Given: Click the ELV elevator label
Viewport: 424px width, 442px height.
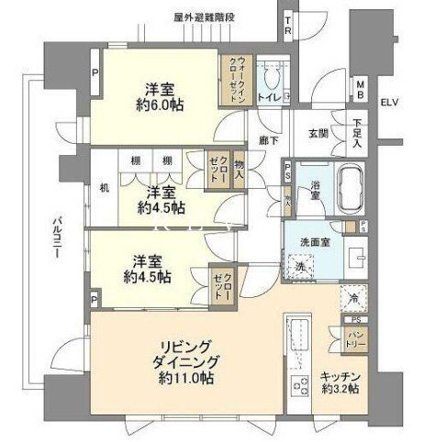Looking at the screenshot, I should (x=391, y=102).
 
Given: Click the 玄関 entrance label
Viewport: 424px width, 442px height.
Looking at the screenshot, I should (x=318, y=134).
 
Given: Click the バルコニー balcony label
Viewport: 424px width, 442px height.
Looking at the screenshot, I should (x=57, y=238).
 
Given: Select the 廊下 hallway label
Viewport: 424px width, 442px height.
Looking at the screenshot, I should (x=268, y=139).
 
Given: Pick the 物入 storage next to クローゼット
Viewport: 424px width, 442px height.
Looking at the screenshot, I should (x=239, y=168).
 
